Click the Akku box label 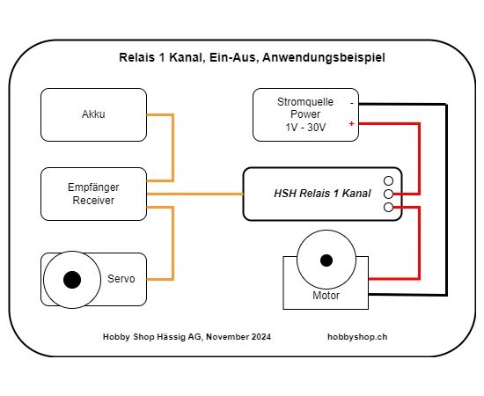click(x=93, y=114)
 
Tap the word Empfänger click(x=93, y=187)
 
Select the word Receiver click(x=93, y=201)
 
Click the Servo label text click(x=121, y=279)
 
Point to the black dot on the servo click(x=72, y=280)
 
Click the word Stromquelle click(x=305, y=102)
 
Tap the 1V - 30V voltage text click(x=305, y=128)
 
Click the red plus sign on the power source click(x=352, y=124)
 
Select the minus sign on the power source click(x=352, y=103)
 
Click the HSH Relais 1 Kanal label click(x=322, y=194)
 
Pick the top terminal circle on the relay click(x=388, y=180)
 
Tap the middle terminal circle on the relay click(x=388, y=194)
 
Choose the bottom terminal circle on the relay click(x=388, y=208)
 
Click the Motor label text click(x=326, y=296)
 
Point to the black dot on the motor click(x=326, y=260)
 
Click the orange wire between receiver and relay click(x=195, y=194)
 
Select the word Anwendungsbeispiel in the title click(x=324, y=58)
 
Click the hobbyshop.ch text click(x=357, y=337)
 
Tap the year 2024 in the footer click(x=261, y=337)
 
